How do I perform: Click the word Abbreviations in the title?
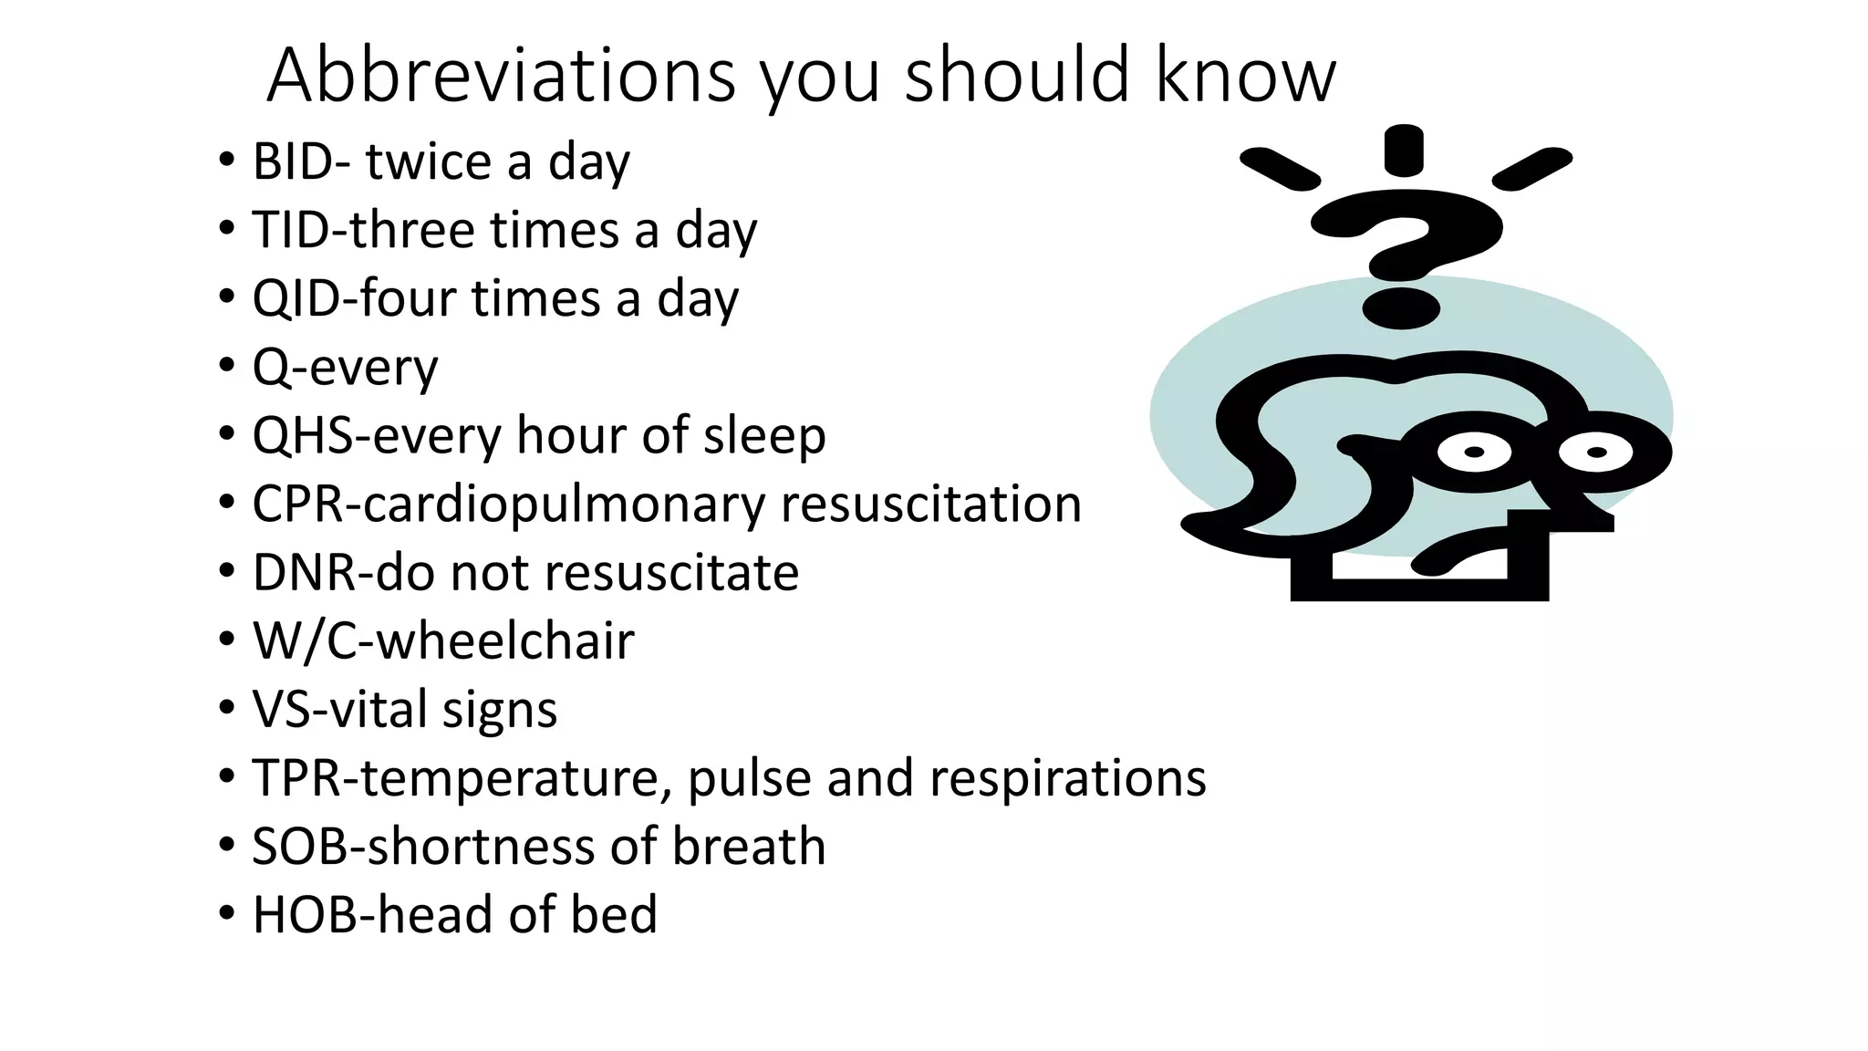coord(501,75)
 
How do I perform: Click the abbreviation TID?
coord(286,230)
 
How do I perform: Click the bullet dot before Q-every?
coord(226,367)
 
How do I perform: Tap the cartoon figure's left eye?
coord(1474,453)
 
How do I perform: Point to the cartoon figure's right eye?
coord(1596,453)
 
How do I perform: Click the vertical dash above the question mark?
coord(1404,151)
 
